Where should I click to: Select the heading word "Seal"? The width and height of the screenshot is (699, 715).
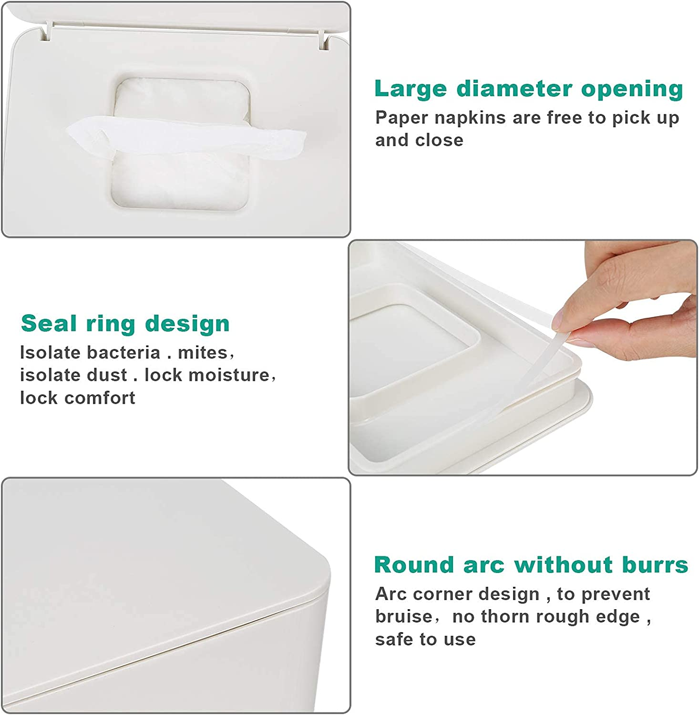pos(49,324)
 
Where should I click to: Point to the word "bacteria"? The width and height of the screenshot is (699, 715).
pos(123,353)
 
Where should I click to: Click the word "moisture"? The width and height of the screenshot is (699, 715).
pos(229,375)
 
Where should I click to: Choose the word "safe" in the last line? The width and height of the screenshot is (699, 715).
pos(394,639)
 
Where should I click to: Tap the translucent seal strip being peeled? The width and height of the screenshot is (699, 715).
pos(534,367)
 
